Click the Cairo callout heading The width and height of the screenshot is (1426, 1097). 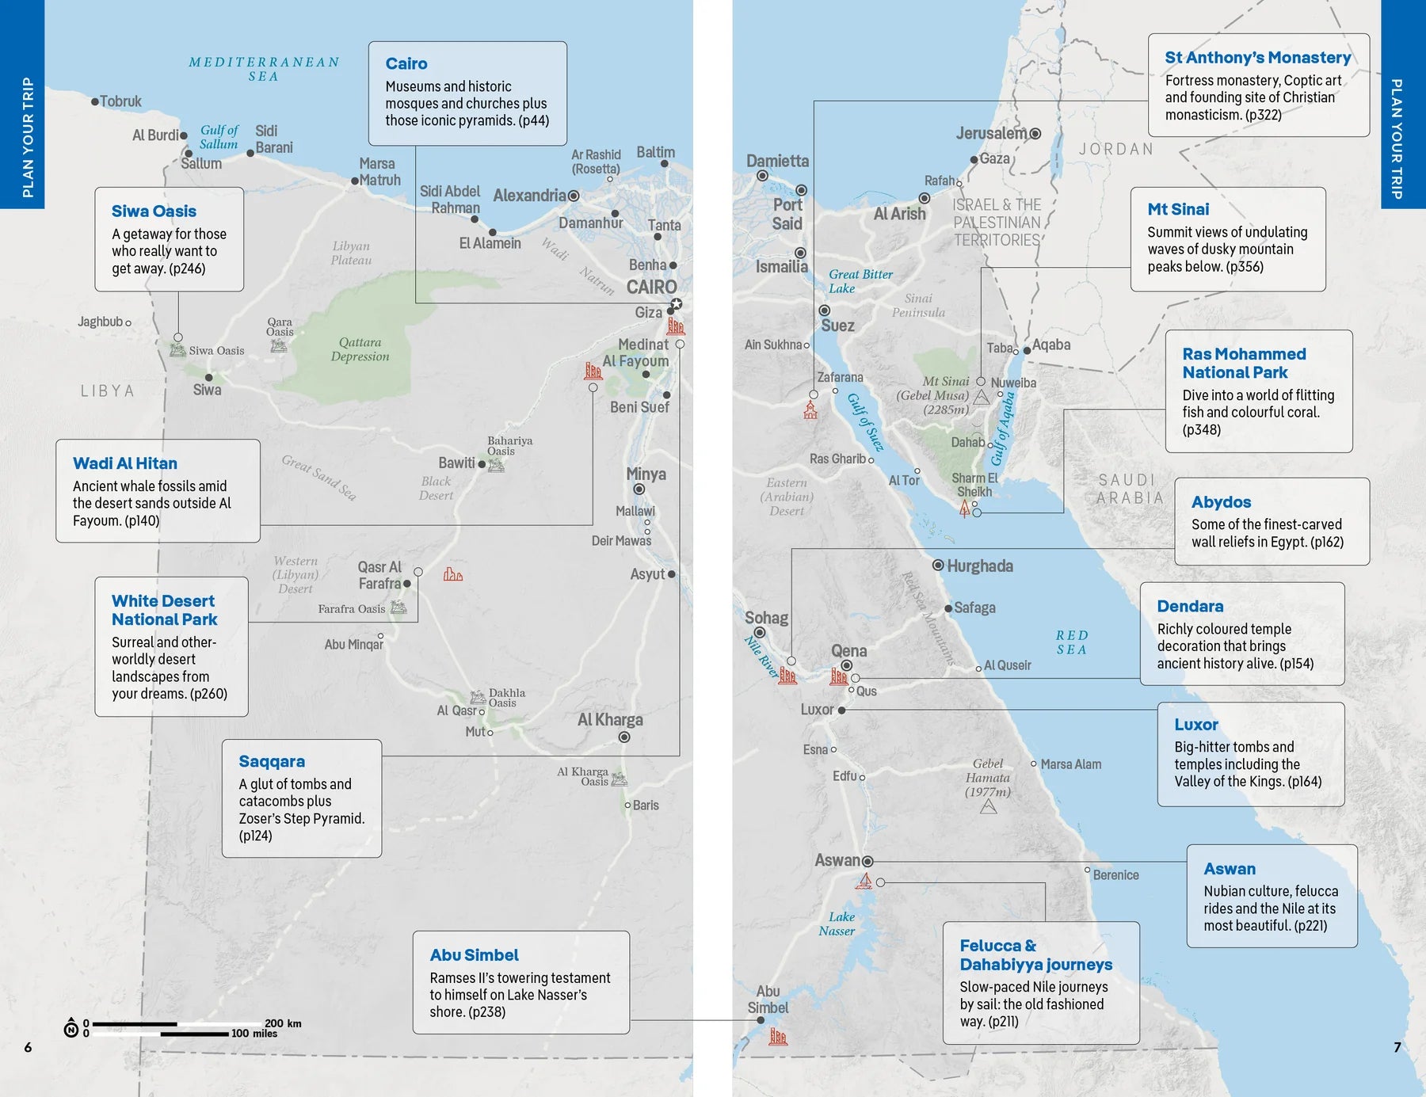(406, 63)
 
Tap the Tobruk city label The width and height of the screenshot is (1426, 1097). (120, 101)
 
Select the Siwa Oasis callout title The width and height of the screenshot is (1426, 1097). (154, 211)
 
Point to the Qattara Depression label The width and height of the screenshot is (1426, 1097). (360, 349)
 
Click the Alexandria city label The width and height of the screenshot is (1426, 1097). (529, 196)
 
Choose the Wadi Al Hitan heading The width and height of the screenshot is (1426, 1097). (125, 463)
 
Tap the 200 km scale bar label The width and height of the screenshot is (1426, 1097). (283, 1023)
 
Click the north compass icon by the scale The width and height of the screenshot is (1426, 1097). (71, 1028)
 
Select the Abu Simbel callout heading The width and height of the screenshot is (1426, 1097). (474, 955)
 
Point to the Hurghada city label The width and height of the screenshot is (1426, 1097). (979, 566)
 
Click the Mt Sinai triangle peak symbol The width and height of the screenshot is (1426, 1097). (981, 398)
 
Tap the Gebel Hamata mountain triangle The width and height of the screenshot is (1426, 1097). (988, 807)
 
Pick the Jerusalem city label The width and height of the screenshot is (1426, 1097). (991, 133)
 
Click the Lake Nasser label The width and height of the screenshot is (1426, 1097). (837, 924)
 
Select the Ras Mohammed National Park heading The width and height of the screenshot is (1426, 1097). (1244, 363)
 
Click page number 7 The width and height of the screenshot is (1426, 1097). (1397, 1047)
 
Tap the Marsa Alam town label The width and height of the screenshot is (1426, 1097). (1070, 764)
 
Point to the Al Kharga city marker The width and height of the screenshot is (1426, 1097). (624, 737)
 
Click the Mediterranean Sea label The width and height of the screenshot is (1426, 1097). (264, 69)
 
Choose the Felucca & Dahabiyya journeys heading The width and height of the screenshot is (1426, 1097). (1035, 955)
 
